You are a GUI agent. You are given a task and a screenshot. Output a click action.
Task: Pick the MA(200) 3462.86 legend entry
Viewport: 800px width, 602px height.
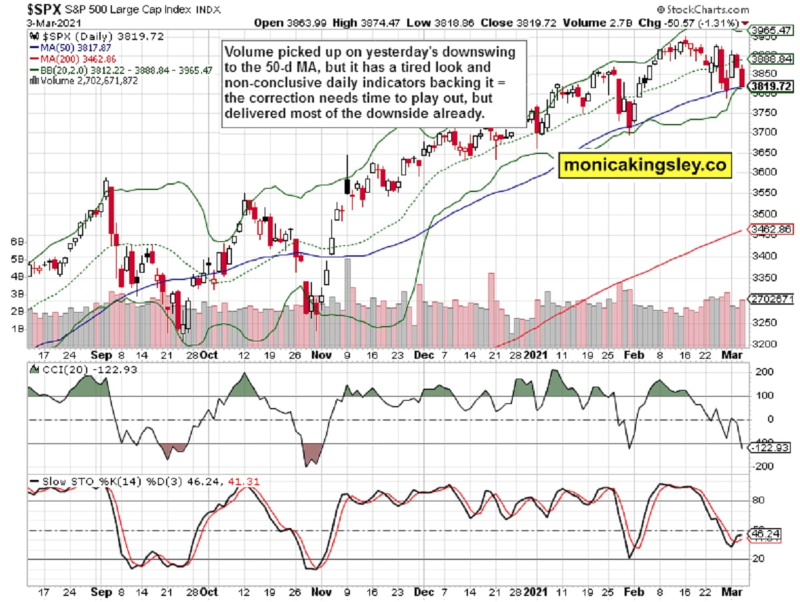[66, 59]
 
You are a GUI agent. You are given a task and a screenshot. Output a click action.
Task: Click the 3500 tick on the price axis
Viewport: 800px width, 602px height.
[761, 214]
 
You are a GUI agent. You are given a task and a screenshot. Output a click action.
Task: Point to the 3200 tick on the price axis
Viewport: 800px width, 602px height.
[761, 344]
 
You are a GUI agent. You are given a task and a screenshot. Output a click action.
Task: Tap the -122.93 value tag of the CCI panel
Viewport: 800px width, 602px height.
[770, 448]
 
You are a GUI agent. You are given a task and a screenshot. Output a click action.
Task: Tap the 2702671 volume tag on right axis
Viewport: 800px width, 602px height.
[770, 299]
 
